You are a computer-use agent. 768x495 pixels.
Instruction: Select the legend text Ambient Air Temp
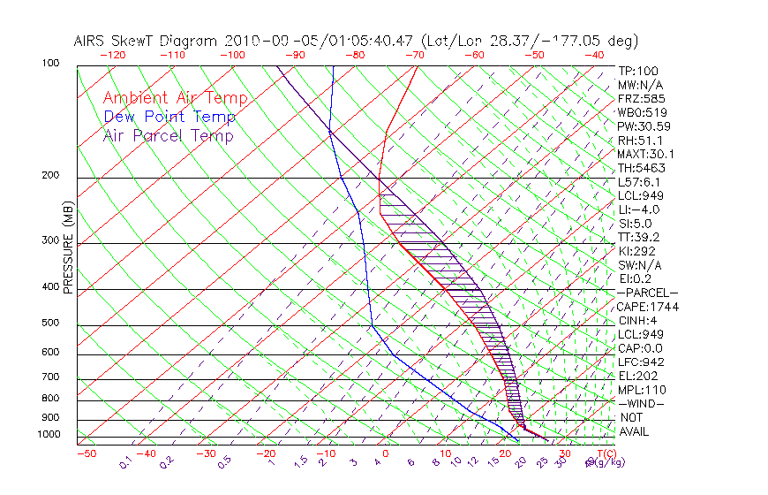click(175, 99)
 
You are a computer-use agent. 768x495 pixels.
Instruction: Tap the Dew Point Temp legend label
click(169, 118)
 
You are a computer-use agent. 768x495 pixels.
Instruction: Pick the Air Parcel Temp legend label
click(168, 136)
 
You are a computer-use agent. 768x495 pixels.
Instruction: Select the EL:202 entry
click(637, 376)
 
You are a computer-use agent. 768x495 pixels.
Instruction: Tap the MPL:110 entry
click(641, 390)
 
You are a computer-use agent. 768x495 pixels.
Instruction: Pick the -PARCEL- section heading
click(647, 293)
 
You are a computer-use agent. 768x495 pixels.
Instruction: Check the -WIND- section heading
click(641, 404)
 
